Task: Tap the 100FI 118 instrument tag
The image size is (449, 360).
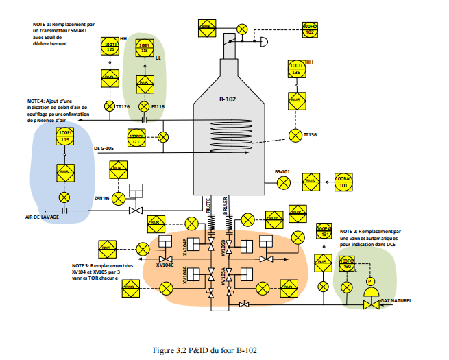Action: pos(144,48)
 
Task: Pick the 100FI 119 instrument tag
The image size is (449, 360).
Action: pos(65,136)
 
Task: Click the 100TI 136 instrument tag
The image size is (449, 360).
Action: pos(295,69)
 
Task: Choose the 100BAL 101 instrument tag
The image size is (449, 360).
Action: pos(343,182)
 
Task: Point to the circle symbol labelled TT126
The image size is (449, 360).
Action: pos(110,106)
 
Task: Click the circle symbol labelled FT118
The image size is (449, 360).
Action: pos(144,106)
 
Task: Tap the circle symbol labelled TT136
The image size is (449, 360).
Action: pos(295,134)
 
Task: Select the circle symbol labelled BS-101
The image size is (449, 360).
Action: pos(283,182)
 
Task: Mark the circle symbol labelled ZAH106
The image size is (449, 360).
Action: pos(117,199)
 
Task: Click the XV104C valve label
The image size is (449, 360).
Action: pos(165,265)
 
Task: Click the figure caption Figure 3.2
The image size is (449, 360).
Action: pos(206,350)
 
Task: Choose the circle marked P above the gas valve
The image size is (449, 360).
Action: pos(369,282)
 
